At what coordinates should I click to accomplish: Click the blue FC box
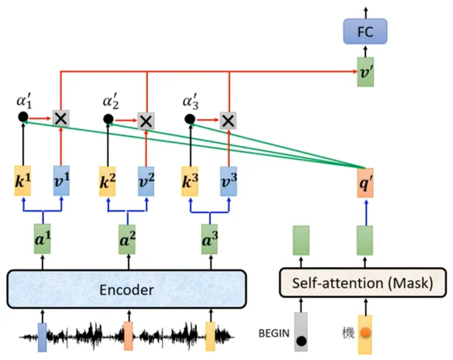point(366,31)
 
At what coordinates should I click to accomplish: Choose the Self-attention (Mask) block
point(362,283)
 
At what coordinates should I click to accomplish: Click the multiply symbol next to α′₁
point(61,119)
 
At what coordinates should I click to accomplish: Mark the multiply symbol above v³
point(228,120)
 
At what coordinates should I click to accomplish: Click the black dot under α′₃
point(190,119)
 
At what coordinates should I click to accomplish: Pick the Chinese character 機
point(347,334)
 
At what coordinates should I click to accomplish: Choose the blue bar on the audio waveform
point(42,336)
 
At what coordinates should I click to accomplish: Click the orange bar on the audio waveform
point(128,336)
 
